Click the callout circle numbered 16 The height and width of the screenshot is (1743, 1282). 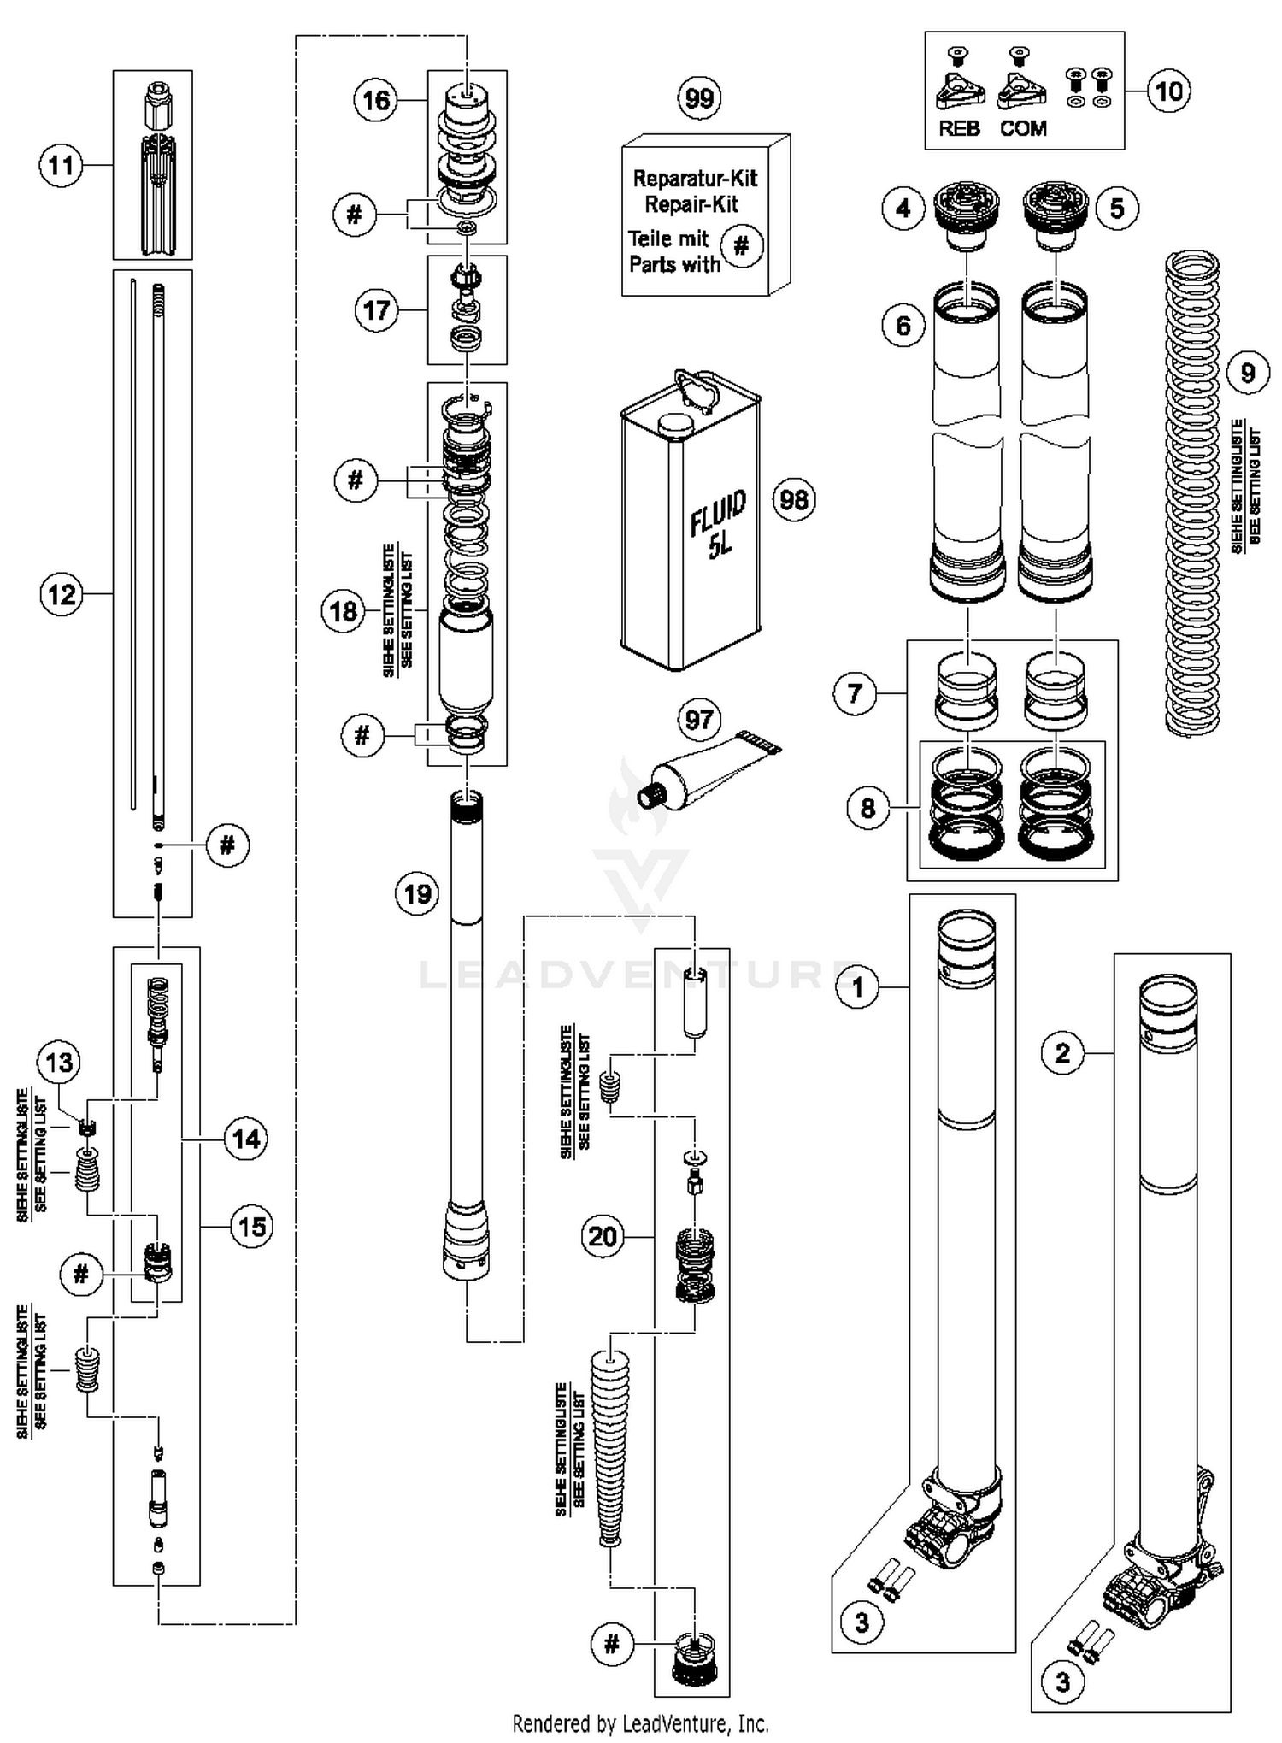(x=376, y=101)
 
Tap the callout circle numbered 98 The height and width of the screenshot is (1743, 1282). (x=794, y=499)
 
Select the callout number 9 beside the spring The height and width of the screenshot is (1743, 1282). (x=1247, y=373)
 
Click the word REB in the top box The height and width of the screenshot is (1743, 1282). (x=959, y=129)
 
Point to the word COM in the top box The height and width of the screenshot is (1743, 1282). (x=1023, y=129)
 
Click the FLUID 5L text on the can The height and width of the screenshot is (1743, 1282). (x=719, y=524)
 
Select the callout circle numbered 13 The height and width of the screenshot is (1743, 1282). (x=59, y=1063)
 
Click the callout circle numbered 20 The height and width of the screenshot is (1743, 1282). (x=603, y=1236)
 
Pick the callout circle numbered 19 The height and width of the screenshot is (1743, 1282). (x=417, y=894)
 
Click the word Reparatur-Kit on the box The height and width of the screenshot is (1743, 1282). (x=694, y=179)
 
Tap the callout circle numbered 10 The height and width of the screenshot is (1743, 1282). (x=1168, y=91)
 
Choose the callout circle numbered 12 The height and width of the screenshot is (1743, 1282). (x=62, y=594)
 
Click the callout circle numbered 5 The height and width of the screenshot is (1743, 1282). (x=1117, y=208)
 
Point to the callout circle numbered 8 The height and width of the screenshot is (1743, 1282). (x=867, y=807)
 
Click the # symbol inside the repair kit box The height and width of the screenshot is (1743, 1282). (x=741, y=246)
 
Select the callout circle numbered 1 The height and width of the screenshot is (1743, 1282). (x=858, y=987)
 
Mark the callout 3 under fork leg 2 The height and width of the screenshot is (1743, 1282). (x=1062, y=1682)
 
